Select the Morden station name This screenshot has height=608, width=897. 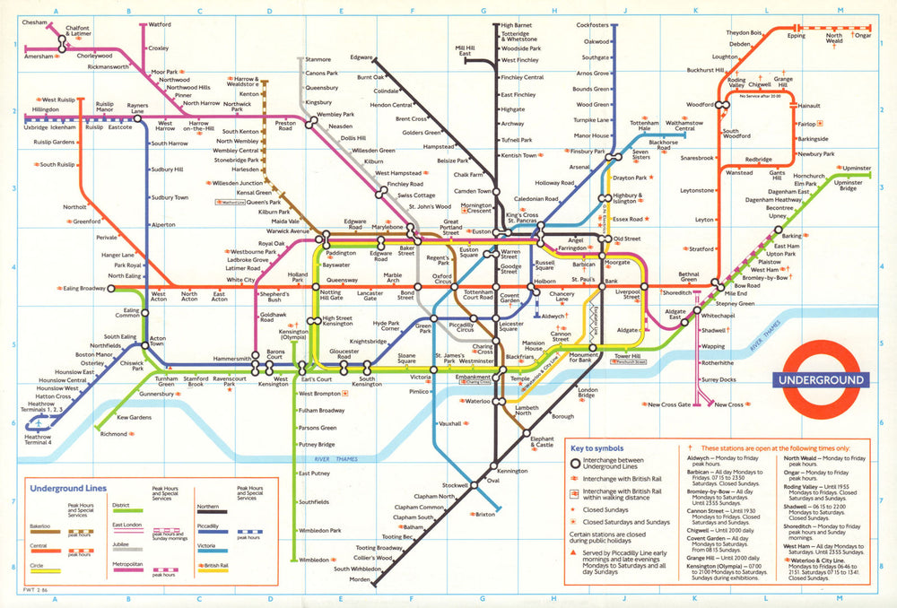360,578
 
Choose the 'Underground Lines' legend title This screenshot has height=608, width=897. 68,489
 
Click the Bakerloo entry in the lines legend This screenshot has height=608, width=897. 41,525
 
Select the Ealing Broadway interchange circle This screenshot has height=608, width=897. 111,289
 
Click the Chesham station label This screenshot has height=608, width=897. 34,21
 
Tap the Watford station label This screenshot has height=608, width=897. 160,24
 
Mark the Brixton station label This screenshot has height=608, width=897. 485,515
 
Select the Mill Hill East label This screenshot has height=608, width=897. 465,50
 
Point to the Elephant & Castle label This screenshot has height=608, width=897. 543,441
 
